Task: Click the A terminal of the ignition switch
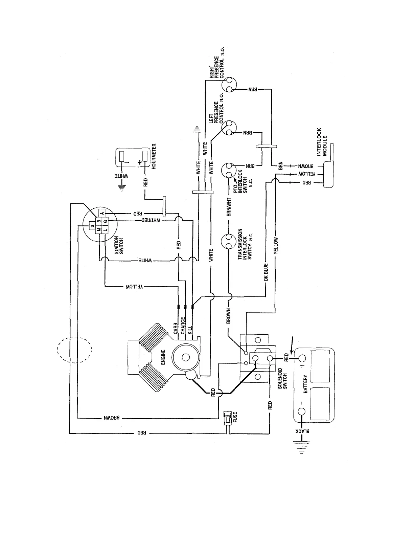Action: (x=102, y=212)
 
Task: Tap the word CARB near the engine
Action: (x=176, y=328)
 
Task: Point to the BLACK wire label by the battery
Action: (x=302, y=431)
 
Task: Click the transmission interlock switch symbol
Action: (x=228, y=242)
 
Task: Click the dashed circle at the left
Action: (x=74, y=349)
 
